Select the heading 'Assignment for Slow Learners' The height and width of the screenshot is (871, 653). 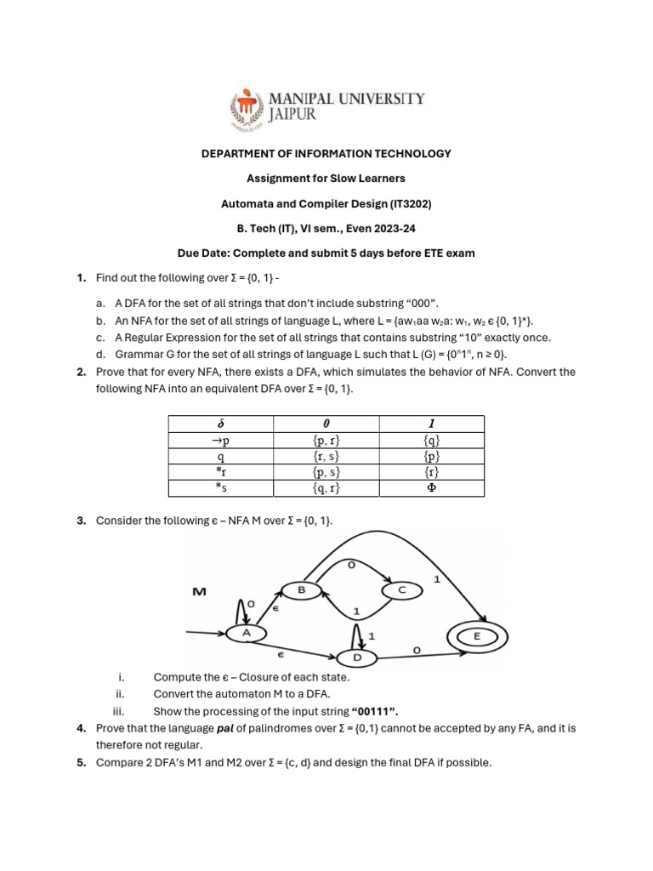tap(326, 179)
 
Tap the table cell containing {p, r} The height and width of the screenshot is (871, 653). tap(326, 440)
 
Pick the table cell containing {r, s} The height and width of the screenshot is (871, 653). tap(326, 456)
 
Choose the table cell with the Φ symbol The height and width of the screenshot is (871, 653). tap(431, 488)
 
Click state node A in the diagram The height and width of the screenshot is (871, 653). tap(247, 633)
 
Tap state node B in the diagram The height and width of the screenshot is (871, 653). tap(300, 589)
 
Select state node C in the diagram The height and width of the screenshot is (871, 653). tap(402, 589)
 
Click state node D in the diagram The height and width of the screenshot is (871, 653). tap(358, 658)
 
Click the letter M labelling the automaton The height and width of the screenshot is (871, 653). tap(200, 590)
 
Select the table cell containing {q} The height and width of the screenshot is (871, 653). tap(431, 440)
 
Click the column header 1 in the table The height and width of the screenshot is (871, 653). tap(431, 424)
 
